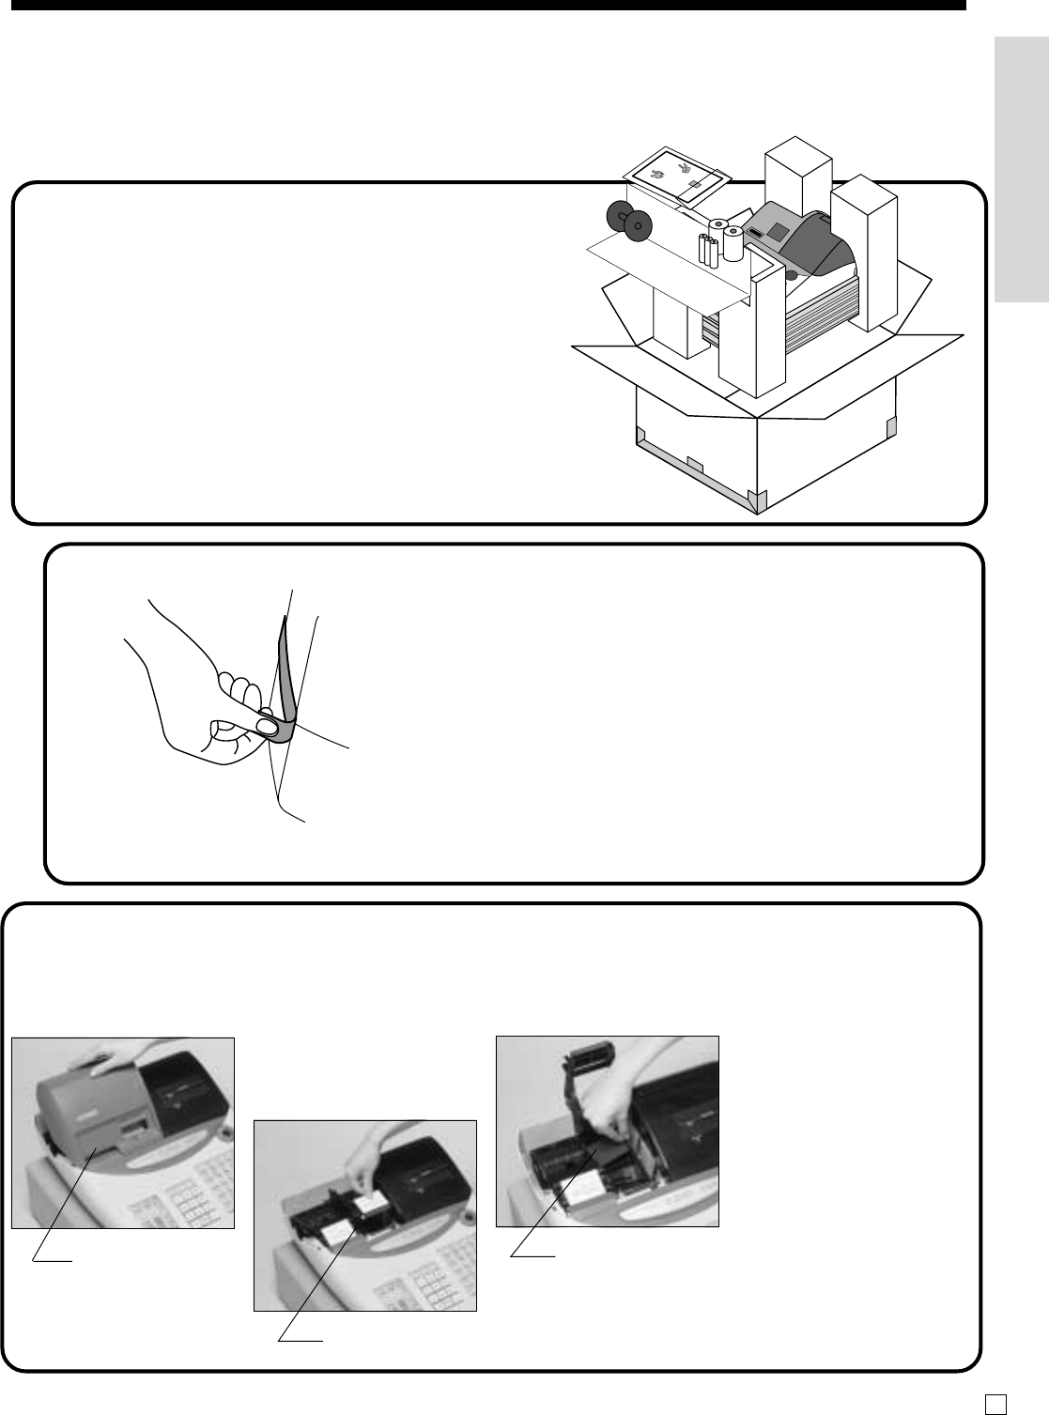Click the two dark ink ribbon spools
point(628,219)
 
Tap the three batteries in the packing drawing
point(708,251)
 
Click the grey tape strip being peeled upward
point(285,667)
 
